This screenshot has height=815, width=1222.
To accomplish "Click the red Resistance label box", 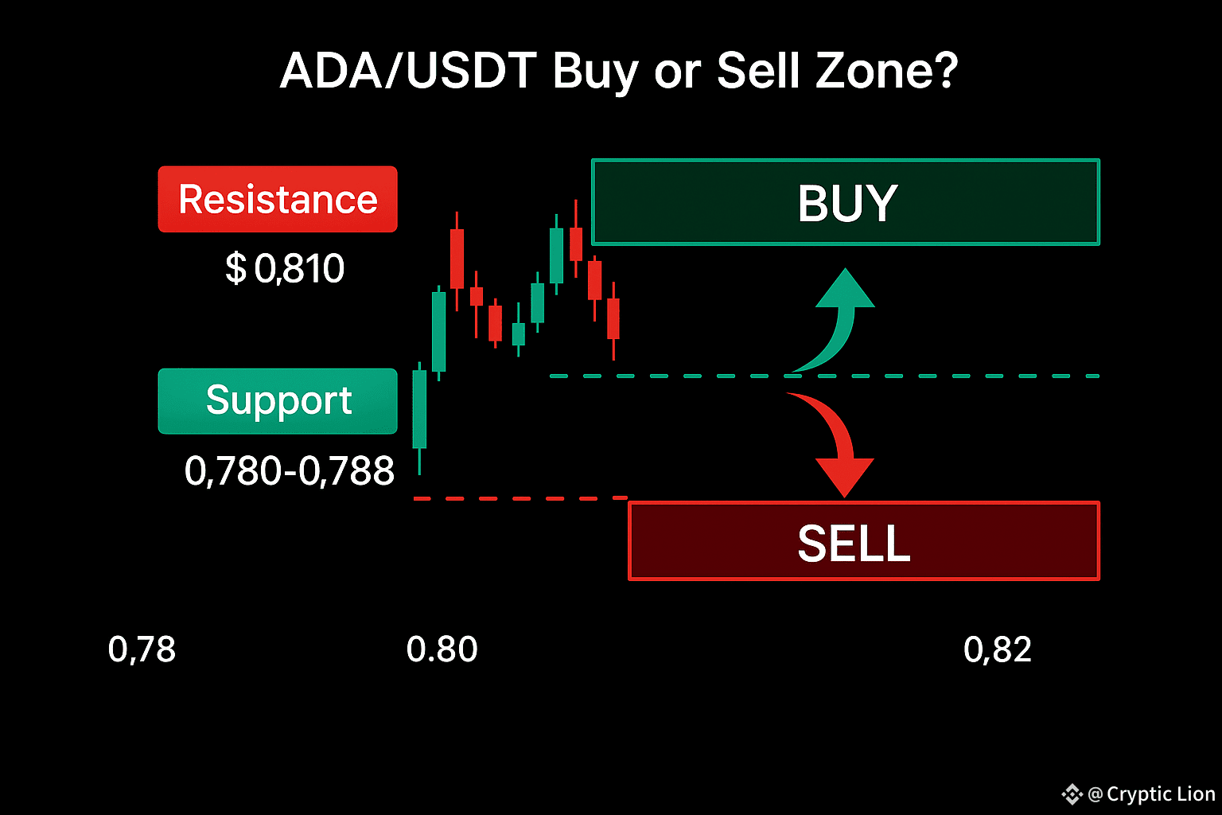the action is click(278, 199).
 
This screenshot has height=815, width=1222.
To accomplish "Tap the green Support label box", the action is click(278, 401).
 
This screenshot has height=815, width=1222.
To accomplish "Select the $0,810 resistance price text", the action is click(285, 268).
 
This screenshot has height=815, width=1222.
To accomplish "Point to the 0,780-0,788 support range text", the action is click(289, 470).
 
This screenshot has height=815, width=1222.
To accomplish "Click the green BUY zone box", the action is click(846, 202).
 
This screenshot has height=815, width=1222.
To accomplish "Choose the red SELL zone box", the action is click(863, 541).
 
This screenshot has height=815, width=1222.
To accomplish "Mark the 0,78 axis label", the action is click(142, 649).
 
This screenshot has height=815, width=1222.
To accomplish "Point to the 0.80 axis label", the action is click(442, 649).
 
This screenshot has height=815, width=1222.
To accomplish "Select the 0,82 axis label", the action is click(997, 649).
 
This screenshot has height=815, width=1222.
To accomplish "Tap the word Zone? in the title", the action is click(886, 71).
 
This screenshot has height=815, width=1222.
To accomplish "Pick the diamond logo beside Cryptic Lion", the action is click(1072, 794).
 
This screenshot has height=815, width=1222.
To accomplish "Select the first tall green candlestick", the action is click(419, 418).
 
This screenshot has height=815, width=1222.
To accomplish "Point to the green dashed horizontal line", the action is click(824, 376).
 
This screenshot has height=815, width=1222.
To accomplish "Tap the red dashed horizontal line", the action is click(520, 498).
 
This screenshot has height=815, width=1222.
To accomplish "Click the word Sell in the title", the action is click(758, 71).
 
